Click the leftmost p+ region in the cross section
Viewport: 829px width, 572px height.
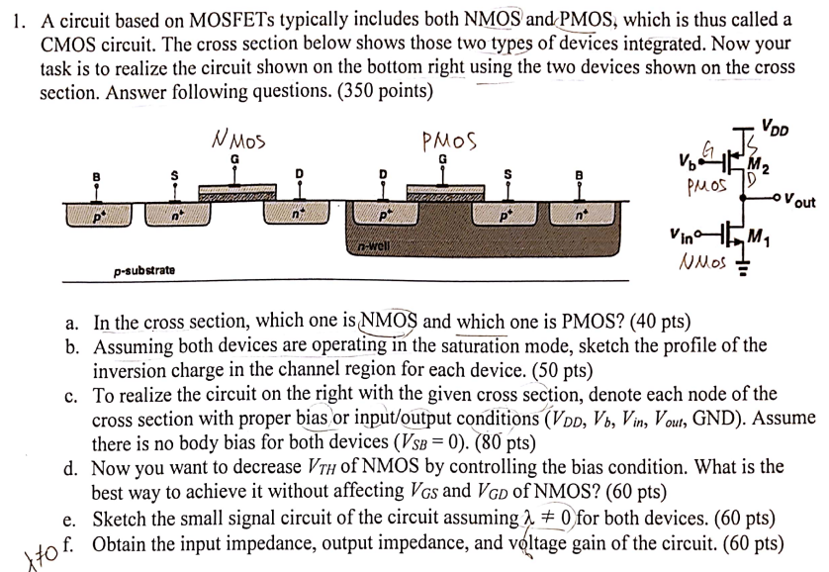click(x=97, y=211)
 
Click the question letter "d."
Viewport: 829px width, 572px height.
click(x=72, y=466)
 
